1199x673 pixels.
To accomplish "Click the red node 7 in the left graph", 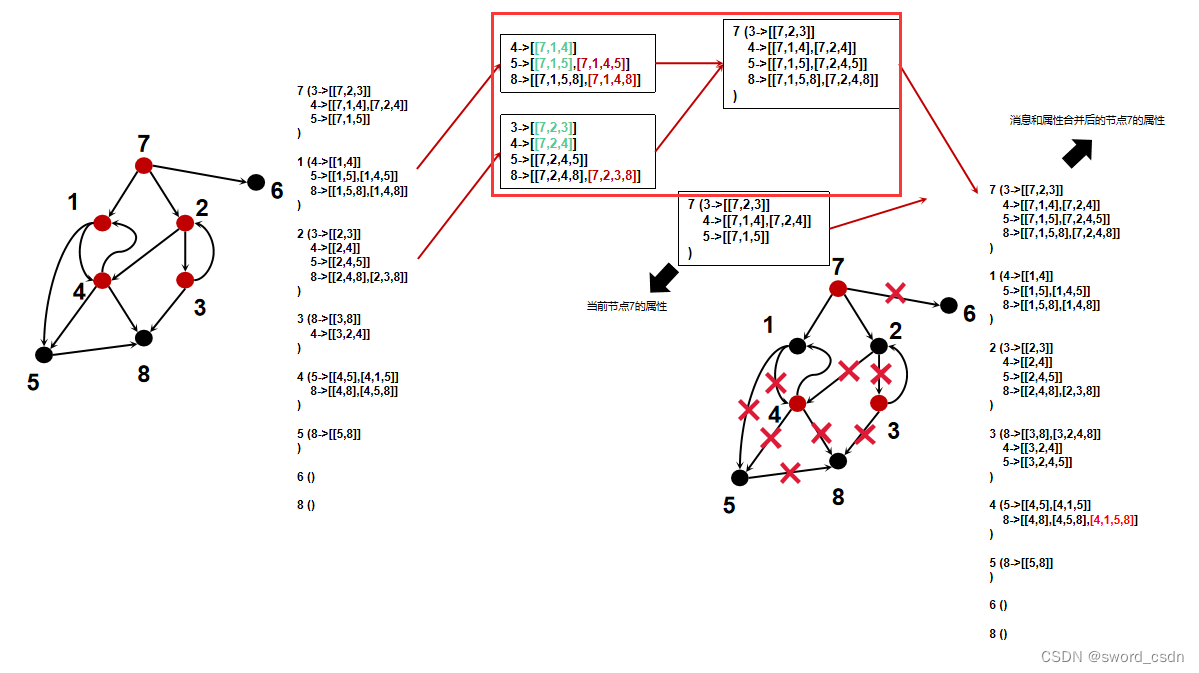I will tap(143, 165).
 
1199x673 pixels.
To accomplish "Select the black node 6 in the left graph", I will tap(256, 182).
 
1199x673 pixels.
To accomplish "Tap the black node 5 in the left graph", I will tap(43, 354).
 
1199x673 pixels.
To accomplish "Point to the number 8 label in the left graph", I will tap(144, 374).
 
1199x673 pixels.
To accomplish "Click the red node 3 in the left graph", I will tap(184, 280).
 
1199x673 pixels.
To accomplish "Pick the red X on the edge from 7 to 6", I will tap(895, 292).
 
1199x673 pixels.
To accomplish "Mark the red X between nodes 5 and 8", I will tap(790, 472).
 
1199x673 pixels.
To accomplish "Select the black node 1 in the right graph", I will tap(797, 346).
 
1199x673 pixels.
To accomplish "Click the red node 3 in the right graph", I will tap(879, 403).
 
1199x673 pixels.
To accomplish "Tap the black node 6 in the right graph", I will tap(945, 305).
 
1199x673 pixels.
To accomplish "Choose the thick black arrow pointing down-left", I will tap(662, 275).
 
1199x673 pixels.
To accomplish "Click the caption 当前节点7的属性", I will tap(626, 306).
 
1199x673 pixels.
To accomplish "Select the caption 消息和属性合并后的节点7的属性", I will tap(1086, 120).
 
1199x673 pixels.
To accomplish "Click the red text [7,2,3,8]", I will tap(614, 176).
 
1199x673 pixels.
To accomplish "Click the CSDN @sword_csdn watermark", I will tap(1112, 657).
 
